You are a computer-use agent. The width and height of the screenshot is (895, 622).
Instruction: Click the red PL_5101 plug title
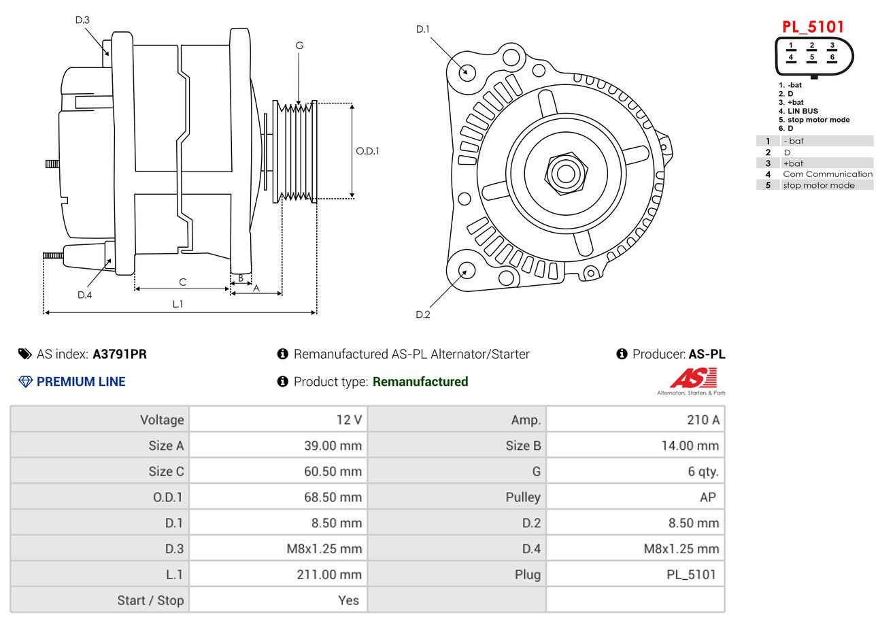pos(813,27)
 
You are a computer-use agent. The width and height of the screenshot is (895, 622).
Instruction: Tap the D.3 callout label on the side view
pos(82,20)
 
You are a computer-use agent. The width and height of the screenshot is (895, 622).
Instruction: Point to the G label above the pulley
pos(299,46)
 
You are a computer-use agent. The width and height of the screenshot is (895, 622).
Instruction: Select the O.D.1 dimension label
pos(367,150)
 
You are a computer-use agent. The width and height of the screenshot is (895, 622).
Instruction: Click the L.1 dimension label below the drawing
pos(178,304)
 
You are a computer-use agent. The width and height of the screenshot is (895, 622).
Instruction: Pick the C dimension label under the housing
pos(182,282)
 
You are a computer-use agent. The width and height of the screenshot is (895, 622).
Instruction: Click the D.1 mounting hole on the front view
pos(467,71)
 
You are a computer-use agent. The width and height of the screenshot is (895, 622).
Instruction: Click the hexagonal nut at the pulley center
pos(564,172)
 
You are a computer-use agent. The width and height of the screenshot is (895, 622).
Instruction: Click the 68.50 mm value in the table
pos(333,497)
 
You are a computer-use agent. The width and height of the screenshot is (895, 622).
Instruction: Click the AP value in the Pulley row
pos(707,497)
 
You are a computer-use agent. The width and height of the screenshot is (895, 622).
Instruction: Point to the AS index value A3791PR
pos(120,354)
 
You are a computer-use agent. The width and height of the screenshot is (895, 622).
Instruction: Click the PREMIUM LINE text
pos(80,382)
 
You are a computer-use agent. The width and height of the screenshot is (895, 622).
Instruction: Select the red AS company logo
pos(693,378)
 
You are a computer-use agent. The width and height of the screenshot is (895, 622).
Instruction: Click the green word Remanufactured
pos(420,382)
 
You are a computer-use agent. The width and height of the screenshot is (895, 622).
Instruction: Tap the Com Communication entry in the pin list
pos(827,174)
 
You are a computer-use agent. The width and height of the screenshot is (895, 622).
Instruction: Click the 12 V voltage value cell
pos(349,420)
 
